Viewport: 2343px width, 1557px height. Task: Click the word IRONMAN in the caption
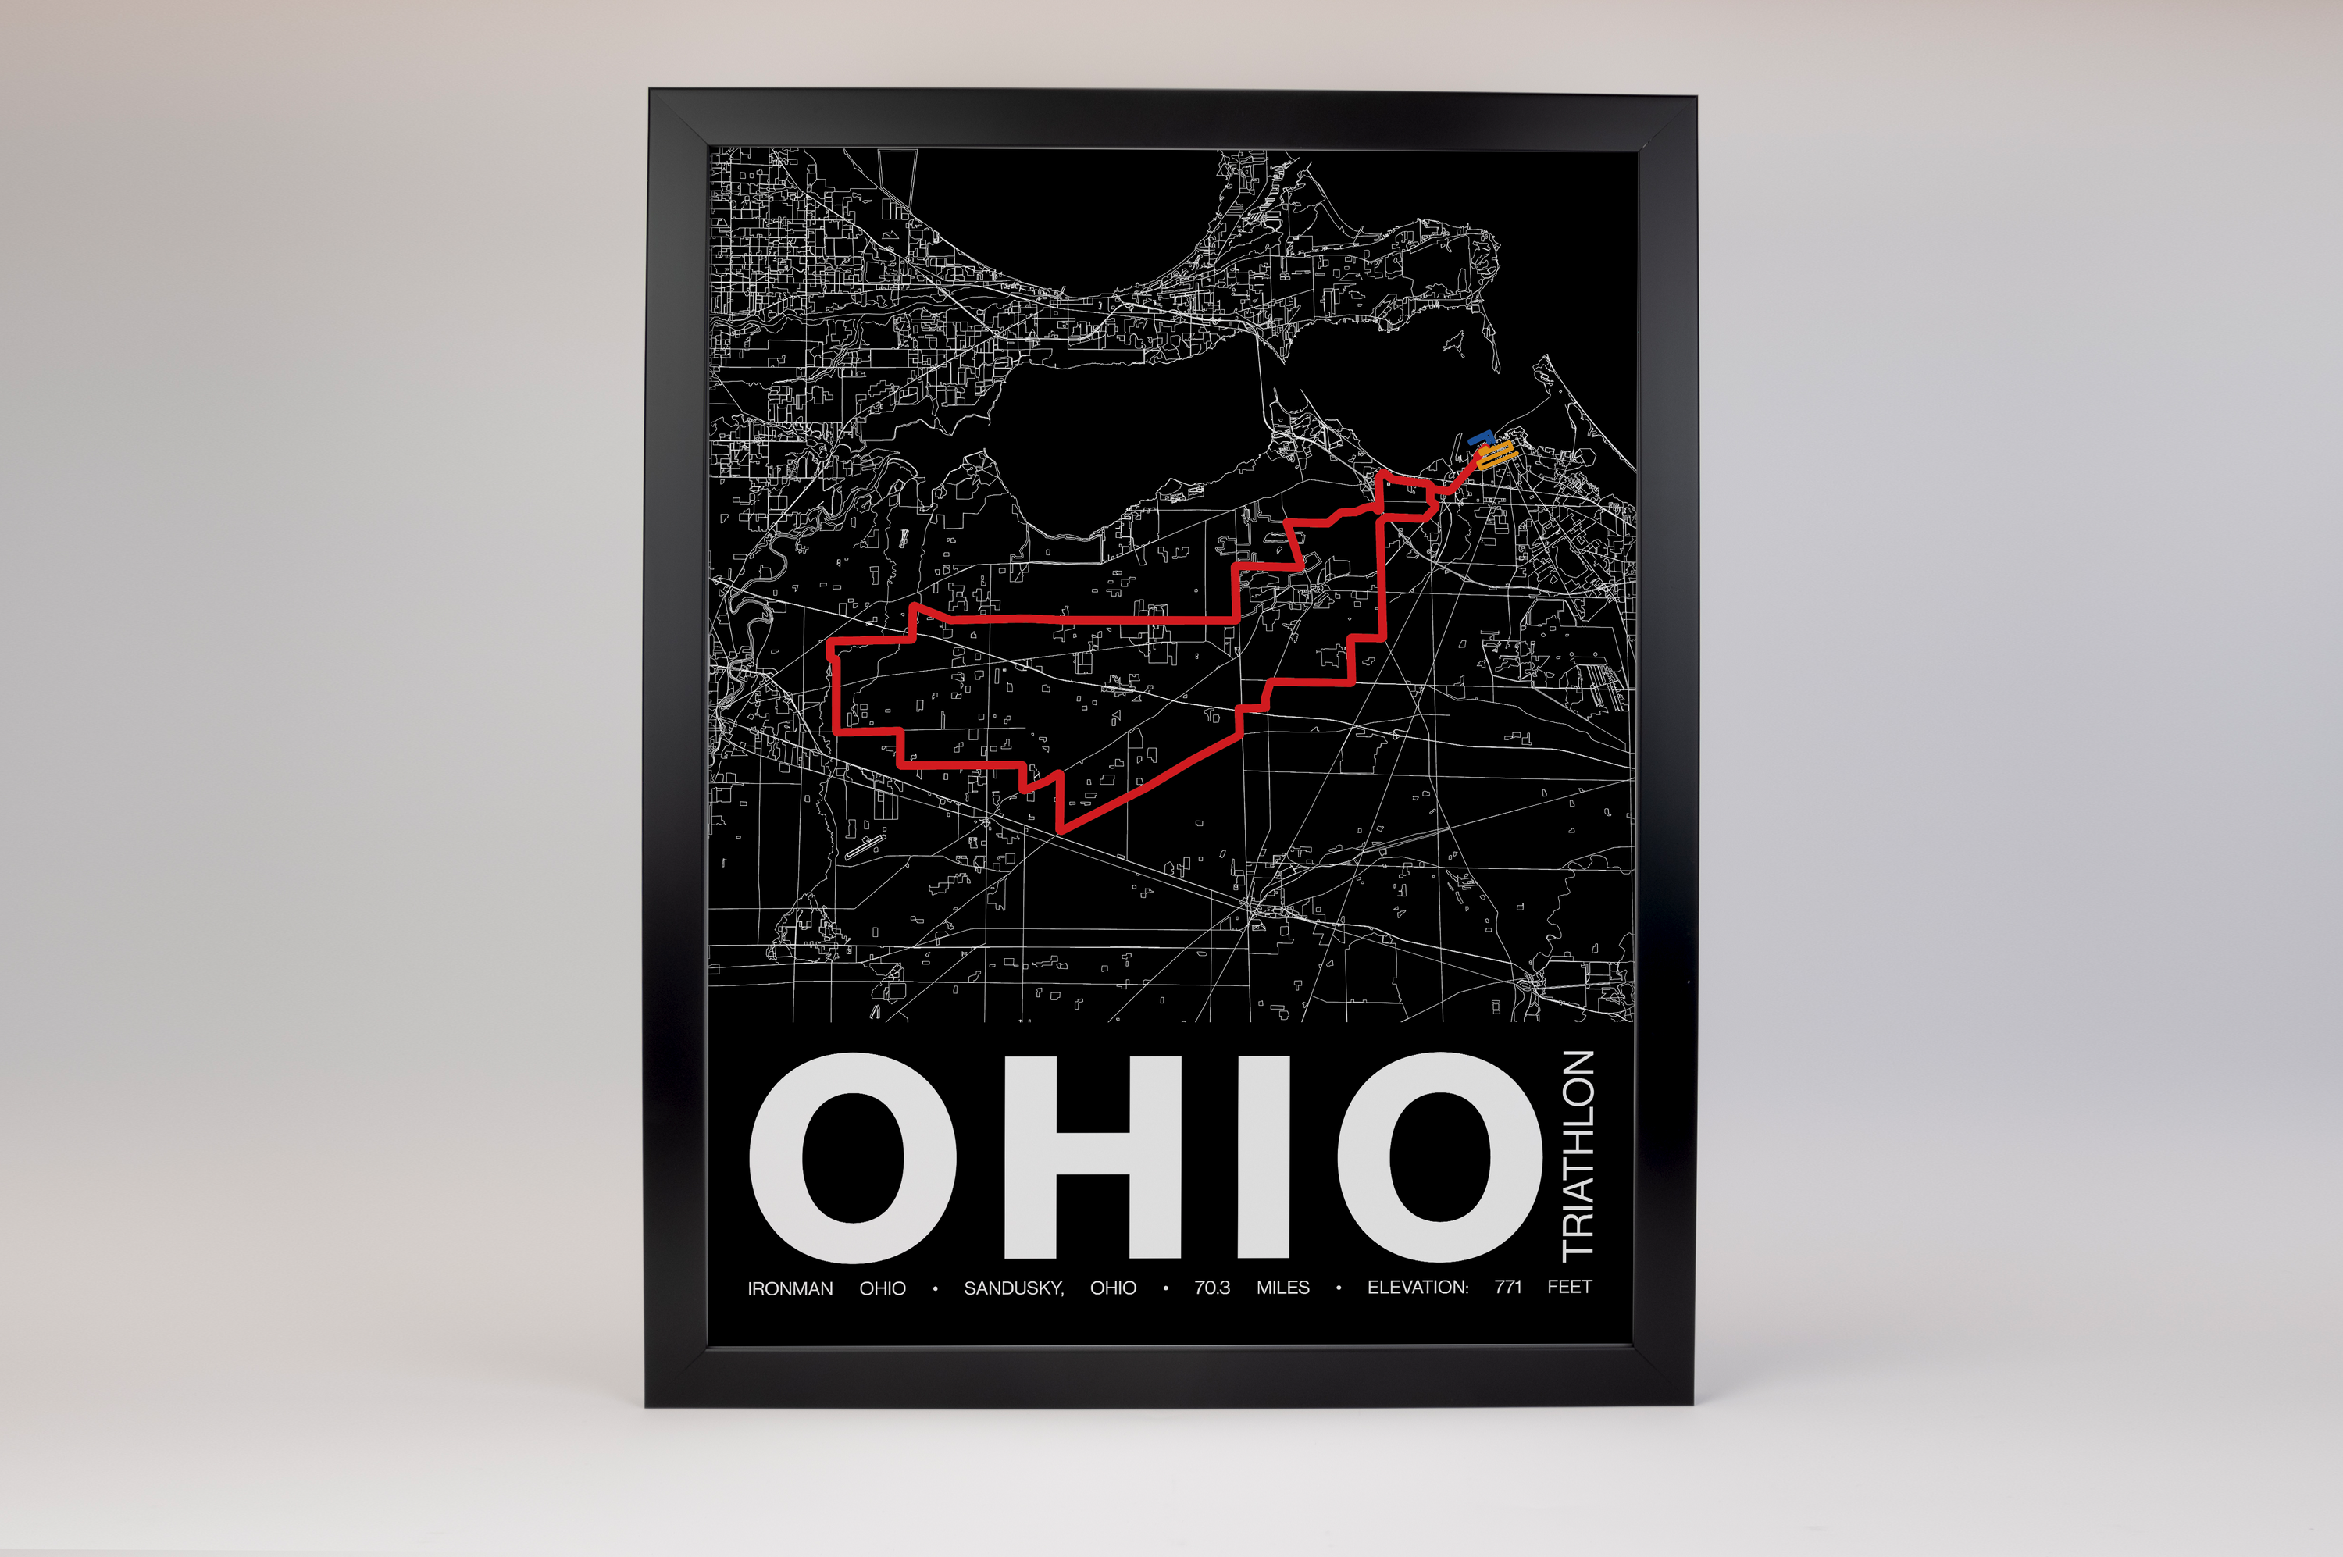coord(790,1289)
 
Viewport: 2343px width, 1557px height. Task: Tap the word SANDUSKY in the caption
coord(1013,1288)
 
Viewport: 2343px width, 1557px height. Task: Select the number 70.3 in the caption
coord(1212,1288)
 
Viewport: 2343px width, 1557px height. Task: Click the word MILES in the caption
coord(1282,1288)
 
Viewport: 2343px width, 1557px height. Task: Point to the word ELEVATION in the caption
coord(1418,1287)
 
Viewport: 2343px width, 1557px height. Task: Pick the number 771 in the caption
coord(1507,1287)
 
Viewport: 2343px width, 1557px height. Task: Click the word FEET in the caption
coord(1569,1287)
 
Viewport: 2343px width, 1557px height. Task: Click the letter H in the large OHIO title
coord(1092,1157)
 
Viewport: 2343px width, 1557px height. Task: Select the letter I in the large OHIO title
coord(1264,1157)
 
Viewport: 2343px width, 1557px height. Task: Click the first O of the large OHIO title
coord(852,1158)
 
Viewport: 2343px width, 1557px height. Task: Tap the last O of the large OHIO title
coord(1439,1157)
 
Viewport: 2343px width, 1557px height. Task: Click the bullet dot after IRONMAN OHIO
coord(935,1290)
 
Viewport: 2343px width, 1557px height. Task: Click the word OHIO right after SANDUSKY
coord(1112,1288)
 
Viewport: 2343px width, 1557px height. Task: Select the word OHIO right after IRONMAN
coord(882,1289)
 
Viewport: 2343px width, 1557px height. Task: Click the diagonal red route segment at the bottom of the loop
coord(1152,783)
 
